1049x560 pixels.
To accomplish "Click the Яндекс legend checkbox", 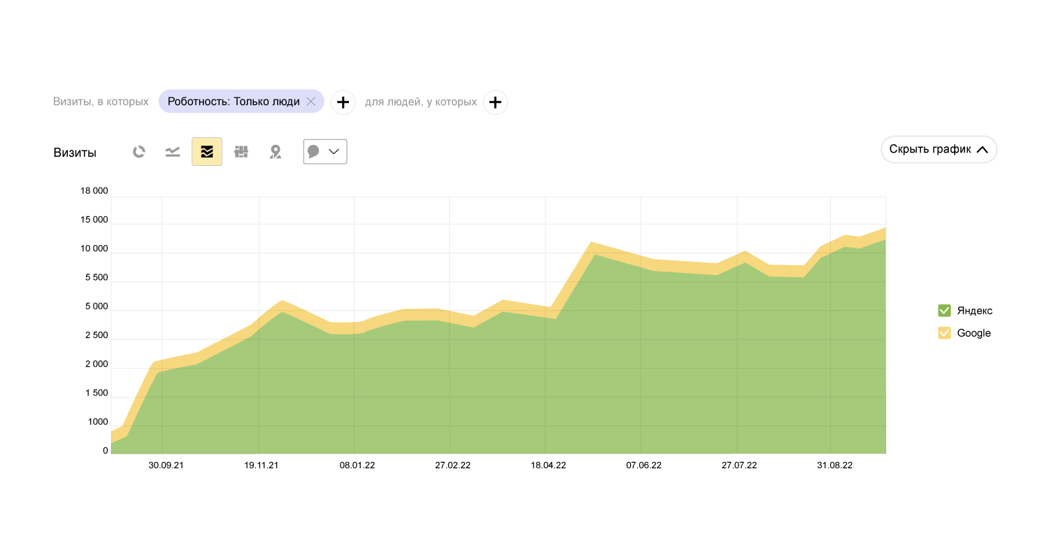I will pos(944,311).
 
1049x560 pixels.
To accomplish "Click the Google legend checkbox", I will pos(944,333).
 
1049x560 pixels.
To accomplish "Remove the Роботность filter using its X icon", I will pos(311,101).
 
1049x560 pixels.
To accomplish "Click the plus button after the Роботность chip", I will pos(343,102).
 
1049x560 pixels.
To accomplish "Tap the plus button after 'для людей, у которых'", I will pos(495,102).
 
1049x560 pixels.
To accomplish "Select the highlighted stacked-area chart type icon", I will pos(207,152).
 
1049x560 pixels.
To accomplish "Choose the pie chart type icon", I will pos(139,152).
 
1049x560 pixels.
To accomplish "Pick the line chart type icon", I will pos(173,152).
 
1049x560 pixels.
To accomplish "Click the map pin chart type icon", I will pos(276,152).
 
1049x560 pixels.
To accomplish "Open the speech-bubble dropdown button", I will pos(325,152).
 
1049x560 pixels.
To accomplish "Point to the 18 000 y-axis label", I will pos(94,191).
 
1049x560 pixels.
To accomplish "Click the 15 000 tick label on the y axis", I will pos(94,220).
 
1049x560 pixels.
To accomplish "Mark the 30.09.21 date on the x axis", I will pos(166,465).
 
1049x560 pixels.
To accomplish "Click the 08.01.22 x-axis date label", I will pos(357,465).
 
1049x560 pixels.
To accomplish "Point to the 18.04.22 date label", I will pos(548,465).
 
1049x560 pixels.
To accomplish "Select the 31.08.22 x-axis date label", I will pos(835,465).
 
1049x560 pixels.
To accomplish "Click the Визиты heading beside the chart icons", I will pos(75,153).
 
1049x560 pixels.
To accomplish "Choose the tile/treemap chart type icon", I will pos(241,152).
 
